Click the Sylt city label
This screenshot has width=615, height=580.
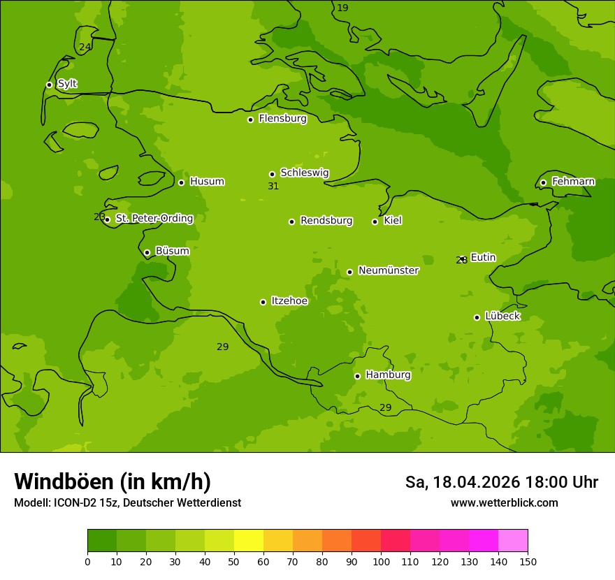(x=67, y=84)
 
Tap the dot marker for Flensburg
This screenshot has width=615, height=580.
(x=250, y=119)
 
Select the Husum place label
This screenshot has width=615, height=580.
(x=207, y=182)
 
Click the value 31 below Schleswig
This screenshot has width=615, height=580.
(x=273, y=187)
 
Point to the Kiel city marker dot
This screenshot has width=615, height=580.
(x=375, y=222)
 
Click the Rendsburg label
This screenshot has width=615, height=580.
(x=326, y=221)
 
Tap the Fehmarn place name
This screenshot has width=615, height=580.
(x=573, y=182)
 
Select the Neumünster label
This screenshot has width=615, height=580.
(x=388, y=270)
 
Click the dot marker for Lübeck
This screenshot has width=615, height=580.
(x=477, y=317)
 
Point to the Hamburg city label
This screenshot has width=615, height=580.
(x=388, y=375)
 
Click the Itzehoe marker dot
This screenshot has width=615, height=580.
(x=263, y=302)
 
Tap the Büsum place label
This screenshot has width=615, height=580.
(x=172, y=251)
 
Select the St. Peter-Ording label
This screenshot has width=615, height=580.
(x=154, y=219)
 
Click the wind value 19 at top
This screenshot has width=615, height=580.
(x=342, y=8)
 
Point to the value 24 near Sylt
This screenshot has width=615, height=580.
(x=85, y=48)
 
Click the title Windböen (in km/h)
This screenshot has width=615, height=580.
(x=113, y=481)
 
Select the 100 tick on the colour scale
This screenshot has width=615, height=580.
(x=381, y=561)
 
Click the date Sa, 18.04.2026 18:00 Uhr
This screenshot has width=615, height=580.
(x=501, y=482)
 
